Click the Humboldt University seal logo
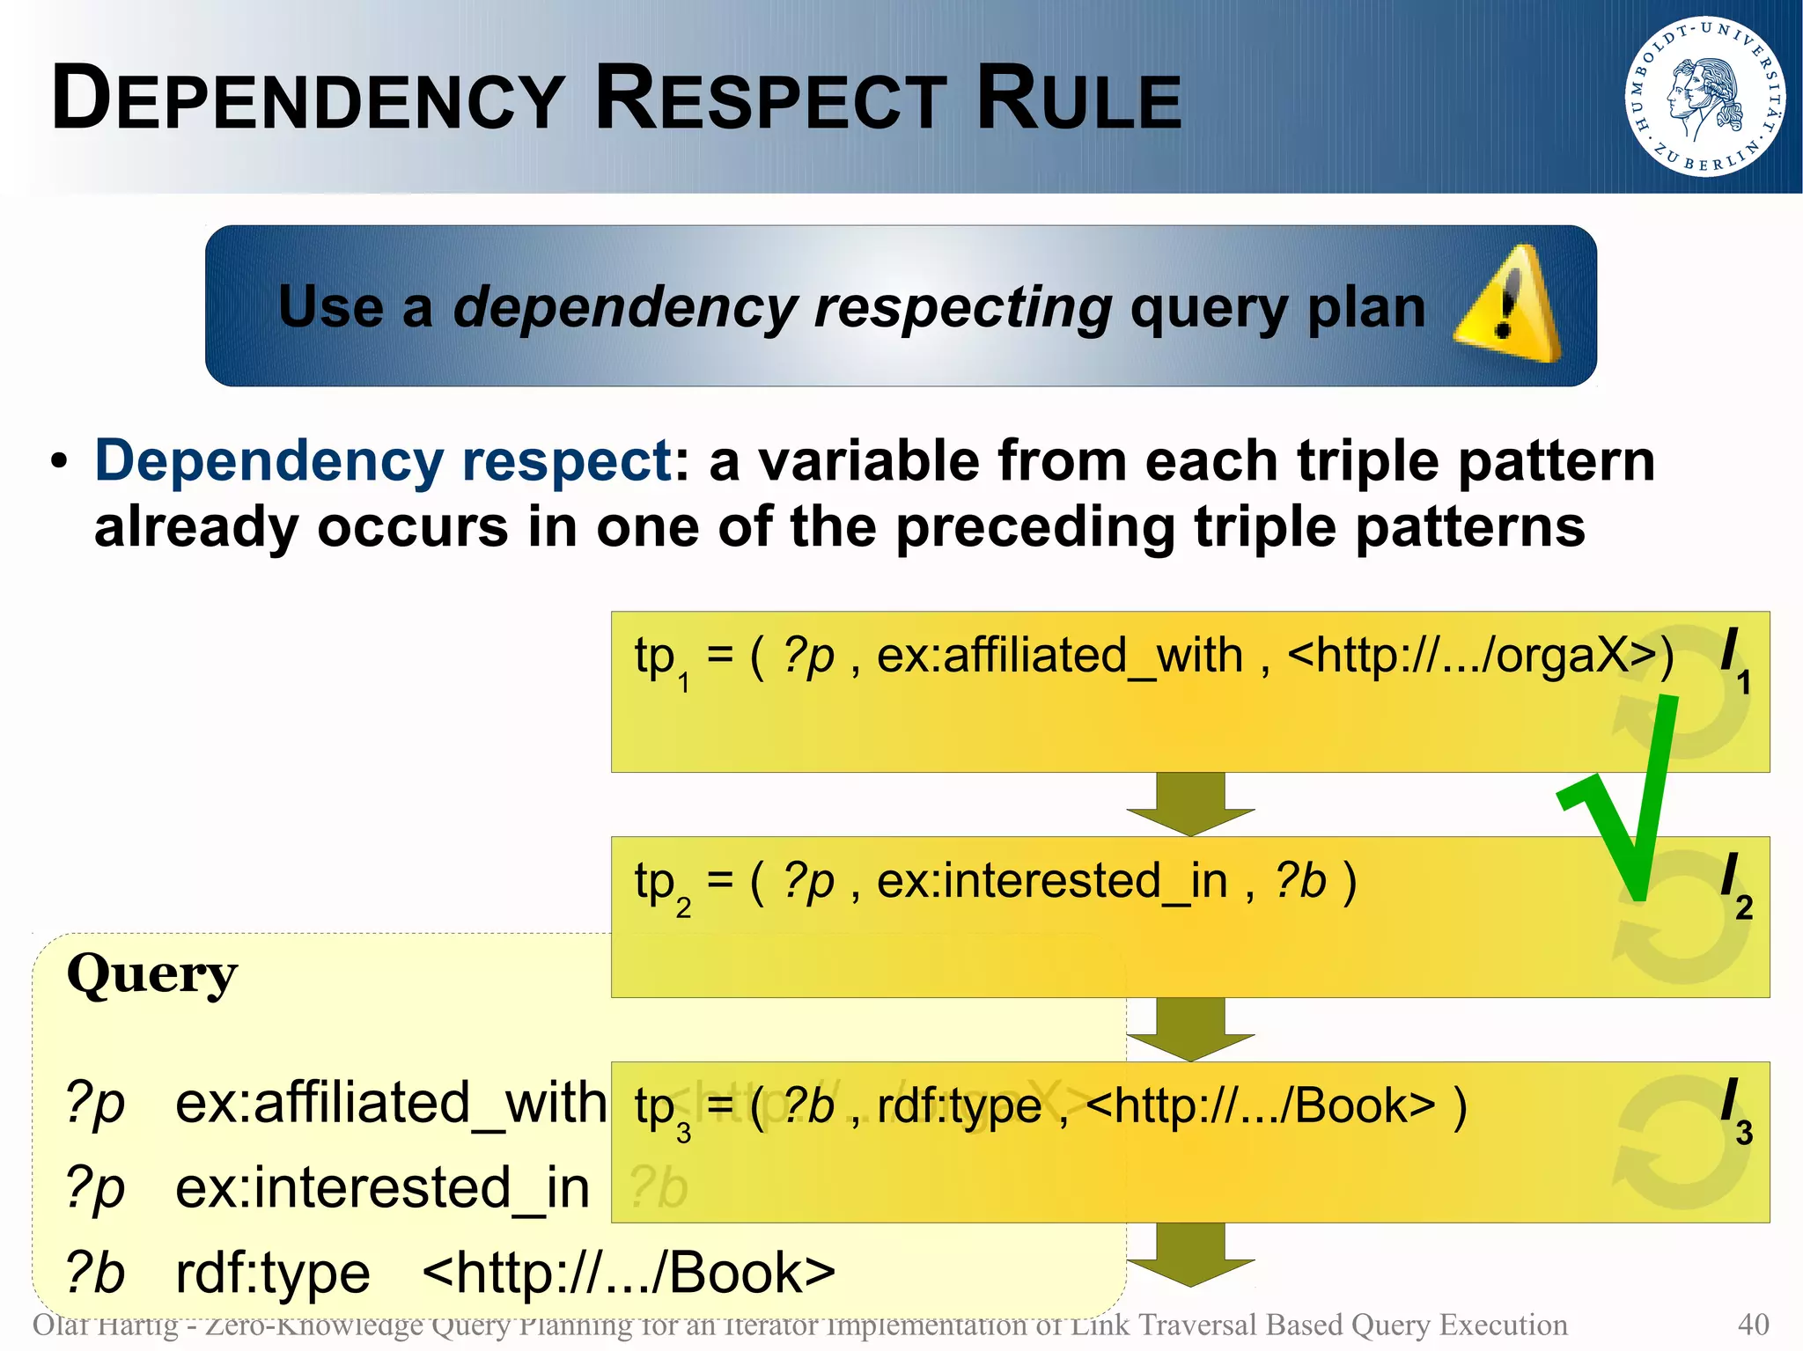tap(1705, 96)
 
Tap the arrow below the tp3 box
tap(1189, 1253)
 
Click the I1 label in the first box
tap(1734, 659)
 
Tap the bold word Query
tap(151, 974)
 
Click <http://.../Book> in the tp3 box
tap(1260, 1106)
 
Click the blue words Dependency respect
tap(383, 460)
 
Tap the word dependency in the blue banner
tap(625, 308)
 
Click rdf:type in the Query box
tap(273, 1273)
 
